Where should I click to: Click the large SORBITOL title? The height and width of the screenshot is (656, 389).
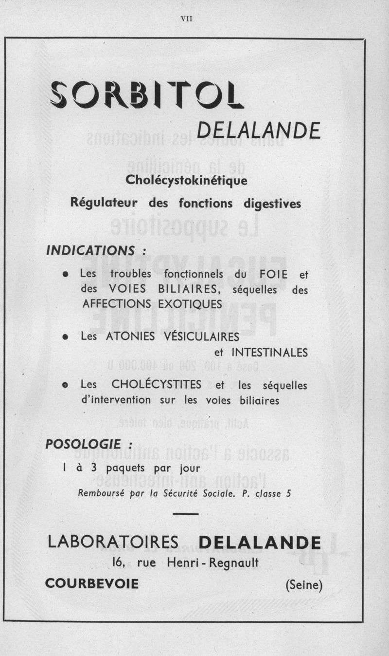tap(147, 95)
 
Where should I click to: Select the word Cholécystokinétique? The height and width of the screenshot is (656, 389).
tap(186, 180)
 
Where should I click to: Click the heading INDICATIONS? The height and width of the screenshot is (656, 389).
tap(90, 250)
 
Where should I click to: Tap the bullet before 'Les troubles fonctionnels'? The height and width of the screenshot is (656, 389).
tap(65, 274)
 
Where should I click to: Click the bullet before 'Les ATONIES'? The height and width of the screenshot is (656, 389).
tap(65, 337)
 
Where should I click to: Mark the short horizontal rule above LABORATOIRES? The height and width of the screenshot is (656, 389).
tap(186, 514)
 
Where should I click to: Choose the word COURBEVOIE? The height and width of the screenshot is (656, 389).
tap(92, 583)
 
